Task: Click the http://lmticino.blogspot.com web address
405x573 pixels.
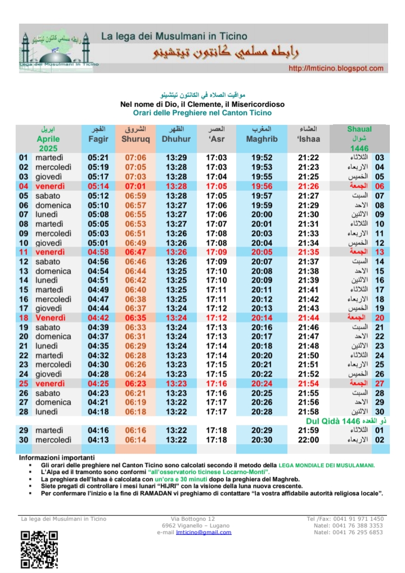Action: click(336, 68)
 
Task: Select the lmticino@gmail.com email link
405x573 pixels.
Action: click(203, 532)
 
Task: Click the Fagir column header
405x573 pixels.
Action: click(98, 139)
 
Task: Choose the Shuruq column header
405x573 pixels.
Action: click(135, 139)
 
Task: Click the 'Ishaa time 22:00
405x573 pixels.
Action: click(308, 440)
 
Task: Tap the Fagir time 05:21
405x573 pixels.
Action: click(98, 158)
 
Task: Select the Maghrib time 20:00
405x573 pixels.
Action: click(259, 214)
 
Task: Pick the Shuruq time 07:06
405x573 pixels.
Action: click(136, 158)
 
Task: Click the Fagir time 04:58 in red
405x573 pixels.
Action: click(98, 252)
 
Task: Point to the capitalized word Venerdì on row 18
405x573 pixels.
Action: click(50, 318)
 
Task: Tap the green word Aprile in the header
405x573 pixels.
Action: click(48, 139)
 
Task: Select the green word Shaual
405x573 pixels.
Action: click(359, 129)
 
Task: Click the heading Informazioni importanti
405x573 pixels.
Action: click(56, 457)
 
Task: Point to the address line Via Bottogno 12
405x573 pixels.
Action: click(193, 518)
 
